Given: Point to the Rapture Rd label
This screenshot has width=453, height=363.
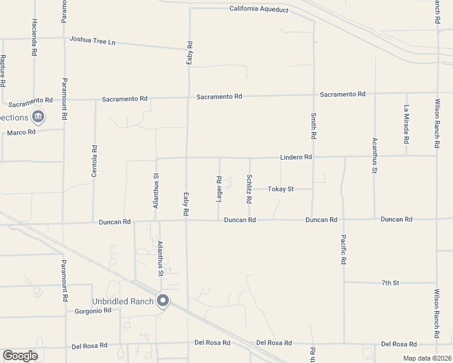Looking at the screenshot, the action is click(x=3, y=71).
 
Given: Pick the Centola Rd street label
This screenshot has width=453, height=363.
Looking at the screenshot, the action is click(x=94, y=160).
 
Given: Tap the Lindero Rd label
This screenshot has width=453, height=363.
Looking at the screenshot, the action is click(x=296, y=157).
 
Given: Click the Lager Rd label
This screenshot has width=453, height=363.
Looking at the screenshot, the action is click(x=219, y=189).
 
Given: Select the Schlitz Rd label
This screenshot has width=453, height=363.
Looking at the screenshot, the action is click(x=250, y=189).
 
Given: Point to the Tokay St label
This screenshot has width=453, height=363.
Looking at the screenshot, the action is click(x=282, y=189).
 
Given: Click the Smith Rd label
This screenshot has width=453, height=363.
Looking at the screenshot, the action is click(x=314, y=126).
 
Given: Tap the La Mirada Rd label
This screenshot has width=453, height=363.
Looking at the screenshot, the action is click(x=406, y=125).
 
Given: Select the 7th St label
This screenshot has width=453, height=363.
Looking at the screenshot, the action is click(x=391, y=283).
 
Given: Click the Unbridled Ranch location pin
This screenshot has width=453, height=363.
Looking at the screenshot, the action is click(x=162, y=300).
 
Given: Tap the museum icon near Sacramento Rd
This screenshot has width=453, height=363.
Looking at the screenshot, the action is click(x=38, y=116).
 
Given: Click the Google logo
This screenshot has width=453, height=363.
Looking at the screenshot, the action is click(x=20, y=356).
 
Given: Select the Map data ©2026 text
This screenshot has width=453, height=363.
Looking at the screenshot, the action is click(x=427, y=358).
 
